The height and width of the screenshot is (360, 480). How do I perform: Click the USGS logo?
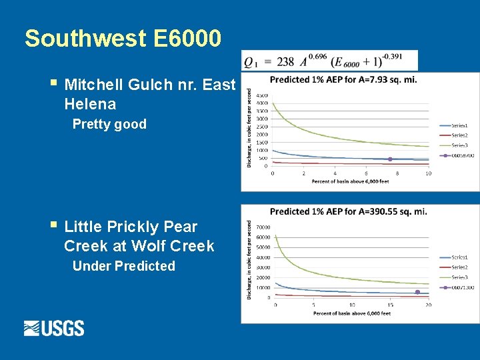pos(54,328)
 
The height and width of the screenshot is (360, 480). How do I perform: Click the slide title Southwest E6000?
pos(123,39)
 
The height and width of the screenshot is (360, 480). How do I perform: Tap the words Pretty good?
pos(109,124)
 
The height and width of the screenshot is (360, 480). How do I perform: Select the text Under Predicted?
pos(123,266)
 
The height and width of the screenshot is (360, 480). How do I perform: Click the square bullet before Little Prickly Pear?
pos(53,227)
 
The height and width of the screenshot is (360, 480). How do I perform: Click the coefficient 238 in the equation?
pos(285,62)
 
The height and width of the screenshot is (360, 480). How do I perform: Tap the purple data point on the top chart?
pos(390,159)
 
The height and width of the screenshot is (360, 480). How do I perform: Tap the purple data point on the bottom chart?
pos(417,292)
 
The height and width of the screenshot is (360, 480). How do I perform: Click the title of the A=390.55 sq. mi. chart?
pos(349,211)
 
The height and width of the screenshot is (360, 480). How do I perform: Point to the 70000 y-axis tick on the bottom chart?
pos(263,227)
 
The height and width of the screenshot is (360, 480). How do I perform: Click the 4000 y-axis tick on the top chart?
pos(262,103)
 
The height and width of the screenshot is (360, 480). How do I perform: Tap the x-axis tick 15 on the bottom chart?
pos(390,305)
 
